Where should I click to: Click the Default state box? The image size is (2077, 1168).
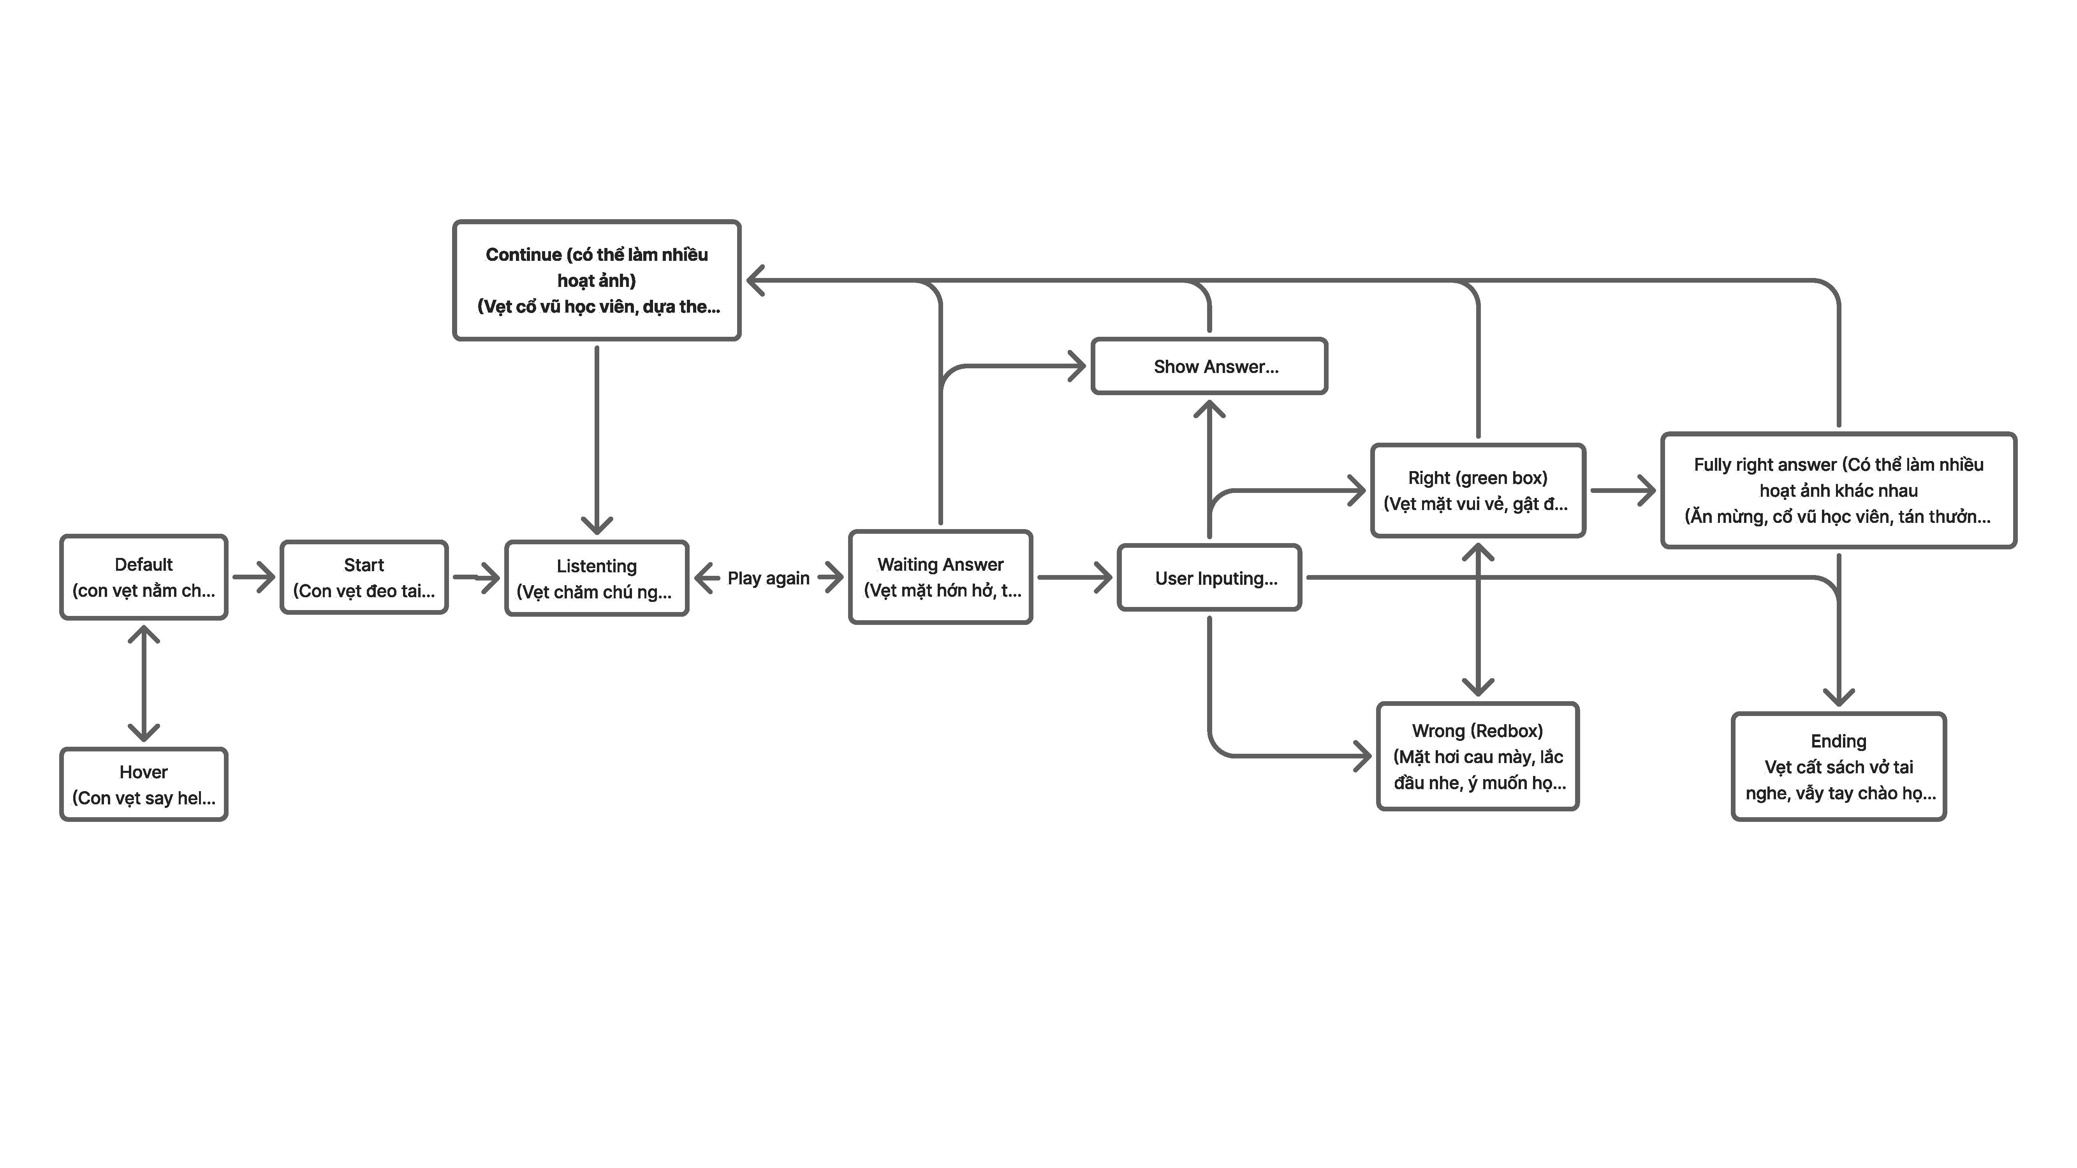point(144,577)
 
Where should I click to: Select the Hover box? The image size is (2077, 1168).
point(144,784)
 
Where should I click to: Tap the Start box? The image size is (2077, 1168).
point(364,577)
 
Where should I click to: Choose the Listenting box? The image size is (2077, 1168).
point(597,578)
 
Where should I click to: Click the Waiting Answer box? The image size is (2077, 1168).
point(940,577)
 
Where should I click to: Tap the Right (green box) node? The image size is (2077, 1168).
point(1478,490)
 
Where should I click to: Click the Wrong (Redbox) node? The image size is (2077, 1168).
point(1478,756)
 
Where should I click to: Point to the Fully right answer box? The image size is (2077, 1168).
point(1838,490)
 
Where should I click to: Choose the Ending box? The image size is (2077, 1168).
point(1838,767)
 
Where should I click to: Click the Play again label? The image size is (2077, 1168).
point(768,578)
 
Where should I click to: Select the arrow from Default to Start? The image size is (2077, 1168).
point(254,577)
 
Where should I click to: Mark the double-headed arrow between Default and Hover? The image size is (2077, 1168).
point(144,684)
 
